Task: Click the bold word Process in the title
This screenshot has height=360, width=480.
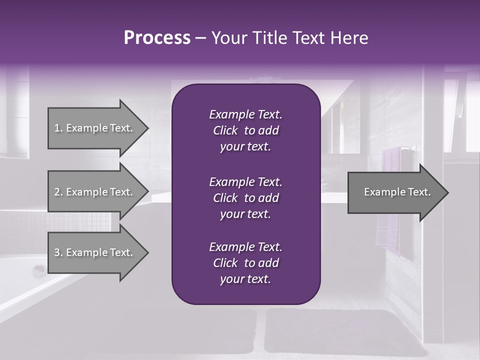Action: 157,38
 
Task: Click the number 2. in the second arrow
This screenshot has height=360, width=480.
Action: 58,192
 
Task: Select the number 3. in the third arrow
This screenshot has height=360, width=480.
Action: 58,252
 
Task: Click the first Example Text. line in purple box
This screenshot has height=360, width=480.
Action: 245,114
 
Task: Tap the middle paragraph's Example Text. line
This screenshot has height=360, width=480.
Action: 245,181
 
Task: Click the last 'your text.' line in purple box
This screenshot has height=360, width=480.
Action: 245,279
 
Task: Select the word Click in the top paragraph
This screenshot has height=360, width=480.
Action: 225,130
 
